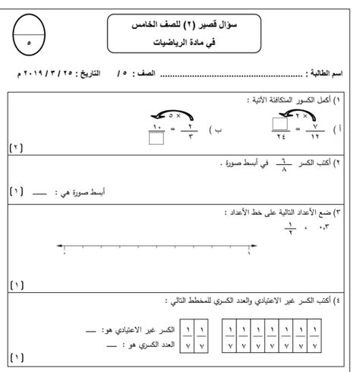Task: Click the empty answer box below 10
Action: tap(158, 138)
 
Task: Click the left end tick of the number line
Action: tap(64, 247)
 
